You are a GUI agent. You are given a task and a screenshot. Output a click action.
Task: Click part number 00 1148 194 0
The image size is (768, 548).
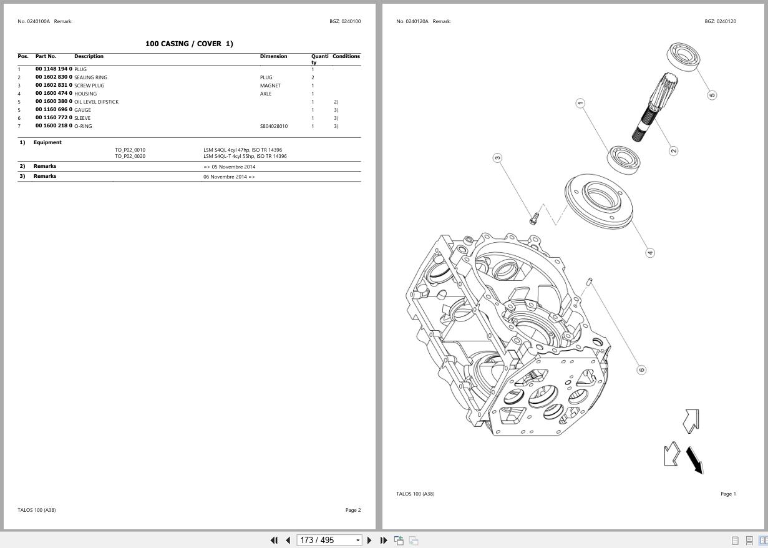(x=54, y=69)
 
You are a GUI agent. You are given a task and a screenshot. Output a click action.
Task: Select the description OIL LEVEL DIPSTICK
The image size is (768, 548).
(x=96, y=102)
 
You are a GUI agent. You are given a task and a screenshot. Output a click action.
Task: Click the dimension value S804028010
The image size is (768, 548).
(x=274, y=126)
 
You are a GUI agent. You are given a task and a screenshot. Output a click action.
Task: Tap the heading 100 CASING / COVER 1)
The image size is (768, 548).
(x=189, y=44)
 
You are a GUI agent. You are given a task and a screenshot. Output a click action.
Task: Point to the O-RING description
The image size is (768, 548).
(x=83, y=126)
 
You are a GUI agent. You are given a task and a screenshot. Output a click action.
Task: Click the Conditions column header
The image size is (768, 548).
(x=346, y=57)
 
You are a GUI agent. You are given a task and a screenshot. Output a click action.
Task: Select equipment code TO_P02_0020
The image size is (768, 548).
(x=130, y=156)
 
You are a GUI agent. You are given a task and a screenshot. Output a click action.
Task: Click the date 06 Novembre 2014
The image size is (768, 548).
(x=229, y=177)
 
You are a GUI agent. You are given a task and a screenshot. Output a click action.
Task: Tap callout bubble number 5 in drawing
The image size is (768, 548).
(x=712, y=95)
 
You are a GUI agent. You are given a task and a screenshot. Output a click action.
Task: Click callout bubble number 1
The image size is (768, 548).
(x=580, y=103)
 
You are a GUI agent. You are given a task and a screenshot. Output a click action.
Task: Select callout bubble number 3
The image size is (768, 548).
(x=497, y=158)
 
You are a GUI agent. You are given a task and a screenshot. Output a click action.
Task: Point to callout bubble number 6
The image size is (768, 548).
(x=641, y=369)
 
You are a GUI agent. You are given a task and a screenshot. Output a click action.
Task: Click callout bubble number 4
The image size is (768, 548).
(x=650, y=253)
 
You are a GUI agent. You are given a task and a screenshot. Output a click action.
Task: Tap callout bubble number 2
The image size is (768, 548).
(x=673, y=151)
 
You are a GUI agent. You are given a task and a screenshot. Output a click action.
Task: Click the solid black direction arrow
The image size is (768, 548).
(x=694, y=460)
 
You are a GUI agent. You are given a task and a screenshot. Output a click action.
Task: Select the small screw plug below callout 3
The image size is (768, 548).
(x=534, y=218)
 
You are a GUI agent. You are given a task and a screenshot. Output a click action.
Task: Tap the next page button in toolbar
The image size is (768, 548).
(x=369, y=540)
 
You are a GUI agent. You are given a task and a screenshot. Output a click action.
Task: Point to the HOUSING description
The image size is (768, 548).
(x=85, y=94)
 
